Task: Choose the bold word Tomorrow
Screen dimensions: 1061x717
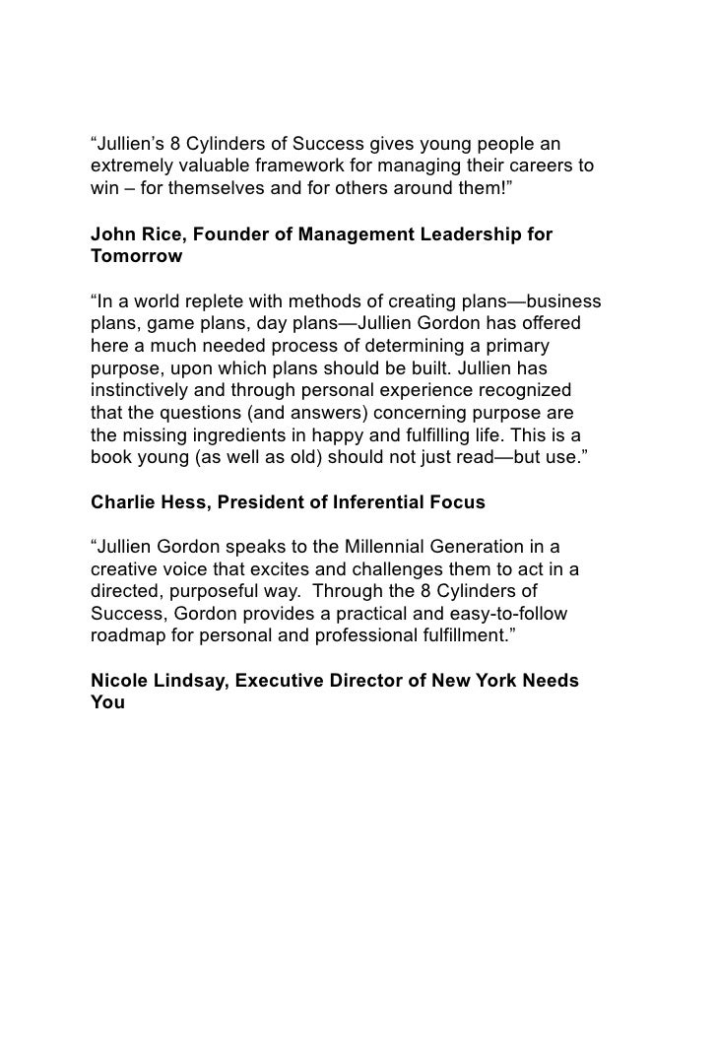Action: click(136, 256)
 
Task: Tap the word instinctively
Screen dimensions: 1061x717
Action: click(145, 392)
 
